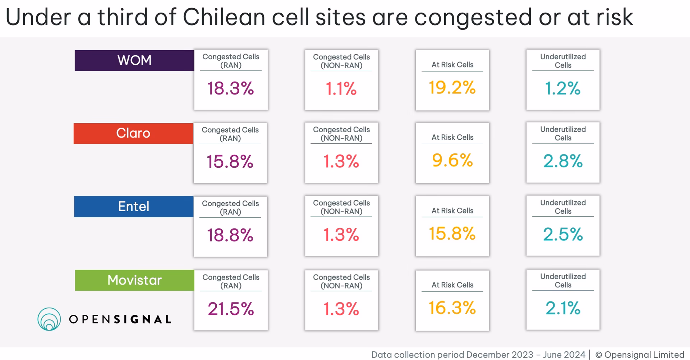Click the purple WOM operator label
[x=134, y=60]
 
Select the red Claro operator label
[x=133, y=133]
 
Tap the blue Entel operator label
[x=134, y=207]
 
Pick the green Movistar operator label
[x=134, y=280]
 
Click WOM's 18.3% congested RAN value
[x=230, y=88]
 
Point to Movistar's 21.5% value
[x=231, y=309]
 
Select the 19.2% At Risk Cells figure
[x=452, y=88]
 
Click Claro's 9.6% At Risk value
[x=452, y=161]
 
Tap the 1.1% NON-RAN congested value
[x=341, y=89]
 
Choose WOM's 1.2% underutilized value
[x=563, y=88]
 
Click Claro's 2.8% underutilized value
[x=563, y=161]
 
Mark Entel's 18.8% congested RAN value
[x=230, y=235]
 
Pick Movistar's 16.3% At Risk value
[x=452, y=308]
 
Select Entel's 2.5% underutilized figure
[x=563, y=235]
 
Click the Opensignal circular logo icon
[x=49, y=319]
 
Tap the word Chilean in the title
[x=224, y=17]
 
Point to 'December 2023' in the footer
[x=500, y=355]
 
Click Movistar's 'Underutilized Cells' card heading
[x=563, y=281]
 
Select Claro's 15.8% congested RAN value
[x=230, y=162]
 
